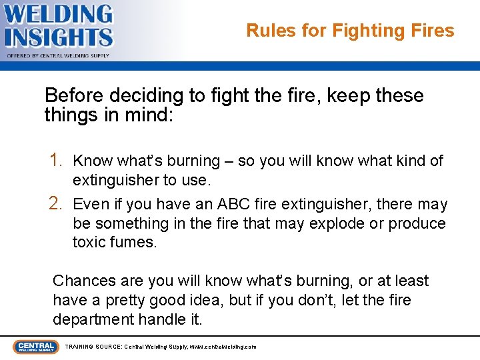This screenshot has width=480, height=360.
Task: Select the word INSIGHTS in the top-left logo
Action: pos(59,37)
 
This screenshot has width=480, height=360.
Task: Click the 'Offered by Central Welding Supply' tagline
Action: pos(59,56)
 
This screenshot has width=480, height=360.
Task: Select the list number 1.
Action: pos(57,160)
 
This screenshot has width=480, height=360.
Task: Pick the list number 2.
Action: pos(57,203)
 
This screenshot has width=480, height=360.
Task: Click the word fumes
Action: pos(135,242)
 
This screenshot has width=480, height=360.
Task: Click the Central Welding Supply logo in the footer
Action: pos(35,347)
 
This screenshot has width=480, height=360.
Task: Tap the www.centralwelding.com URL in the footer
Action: pos(222,347)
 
